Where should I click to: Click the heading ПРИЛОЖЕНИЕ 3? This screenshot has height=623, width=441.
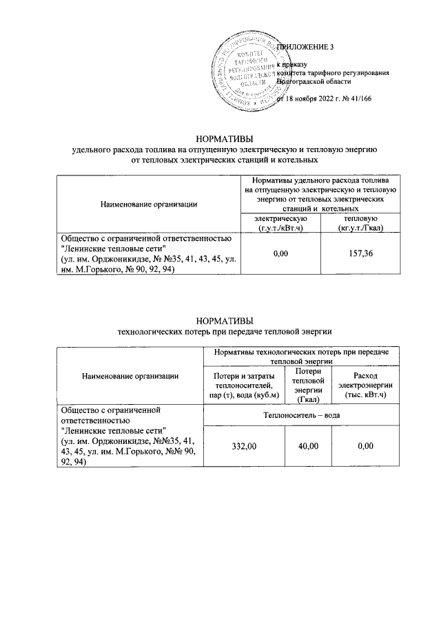pos(305,47)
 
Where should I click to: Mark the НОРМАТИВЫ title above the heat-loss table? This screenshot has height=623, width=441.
pos(224,320)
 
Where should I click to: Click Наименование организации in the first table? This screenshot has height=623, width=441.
pos(149,202)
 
